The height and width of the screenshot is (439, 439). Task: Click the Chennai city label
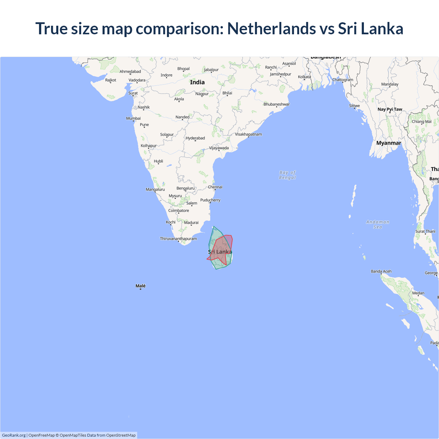(x=215, y=187)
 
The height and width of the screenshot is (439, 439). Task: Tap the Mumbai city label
(x=133, y=118)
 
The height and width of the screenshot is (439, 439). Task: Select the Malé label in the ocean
(x=141, y=286)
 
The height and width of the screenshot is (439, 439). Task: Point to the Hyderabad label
(x=195, y=138)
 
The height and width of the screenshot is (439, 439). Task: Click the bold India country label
(x=197, y=82)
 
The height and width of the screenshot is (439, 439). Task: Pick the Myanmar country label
(x=389, y=143)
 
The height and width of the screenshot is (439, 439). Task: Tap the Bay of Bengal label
(x=287, y=175)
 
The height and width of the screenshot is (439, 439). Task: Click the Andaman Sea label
(x=378, y=224)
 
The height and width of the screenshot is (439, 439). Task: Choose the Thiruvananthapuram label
(x=178, y=239)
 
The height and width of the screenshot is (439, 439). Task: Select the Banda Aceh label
(x=381, y=271)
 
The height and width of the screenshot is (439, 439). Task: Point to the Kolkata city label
(x=304, y=77)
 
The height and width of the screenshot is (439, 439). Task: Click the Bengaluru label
(x=186, y=188)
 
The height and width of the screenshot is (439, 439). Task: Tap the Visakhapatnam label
(x=248, y=134)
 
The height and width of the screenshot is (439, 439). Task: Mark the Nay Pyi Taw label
(x=390, y=109)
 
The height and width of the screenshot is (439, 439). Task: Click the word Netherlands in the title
(x=272, y=28)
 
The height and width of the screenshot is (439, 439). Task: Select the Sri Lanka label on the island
(x=220, y=252)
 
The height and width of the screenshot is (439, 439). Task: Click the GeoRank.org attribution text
(x=14, y=435)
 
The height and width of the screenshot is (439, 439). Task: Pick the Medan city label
(x=418, y=293)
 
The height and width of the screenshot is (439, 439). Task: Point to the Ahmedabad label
(x=130, y=71)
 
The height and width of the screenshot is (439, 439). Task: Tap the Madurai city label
(x=191, y=223)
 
